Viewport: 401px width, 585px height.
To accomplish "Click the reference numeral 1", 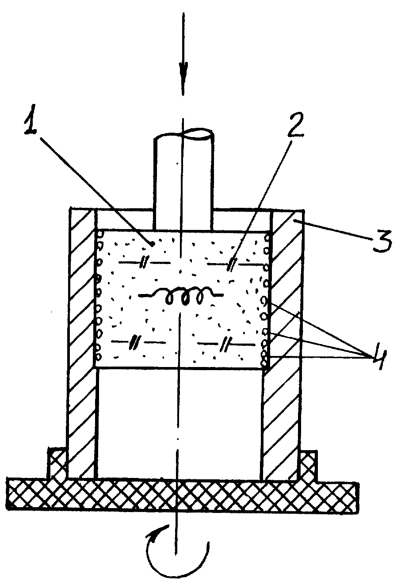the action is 31,120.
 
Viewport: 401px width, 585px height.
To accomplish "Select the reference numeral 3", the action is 382,241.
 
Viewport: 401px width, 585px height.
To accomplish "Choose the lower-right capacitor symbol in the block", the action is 226,344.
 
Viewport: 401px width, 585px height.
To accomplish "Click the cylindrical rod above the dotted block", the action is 183,180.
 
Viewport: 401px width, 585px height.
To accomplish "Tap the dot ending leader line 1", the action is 152,244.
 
